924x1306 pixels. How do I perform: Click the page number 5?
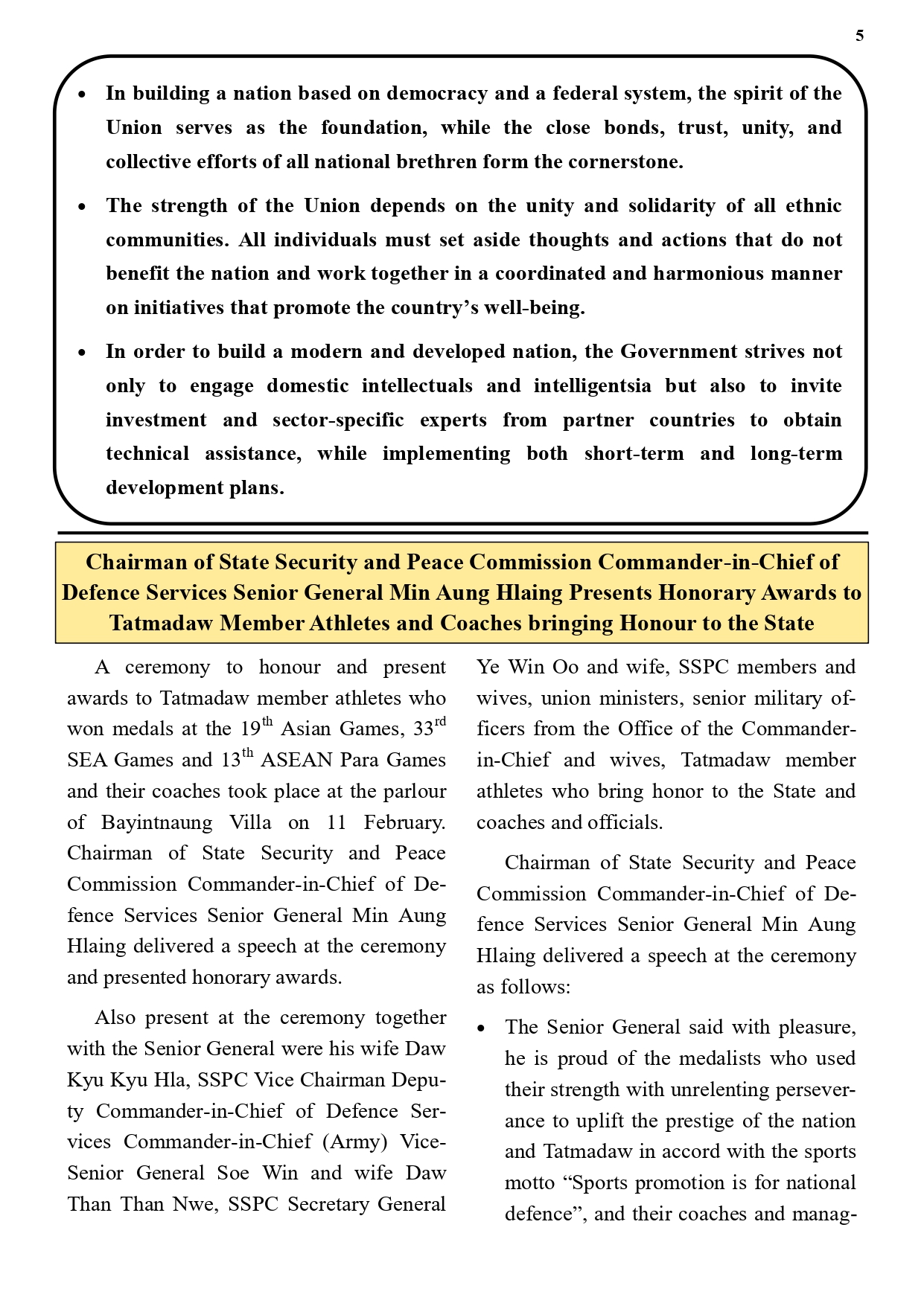(860, 36)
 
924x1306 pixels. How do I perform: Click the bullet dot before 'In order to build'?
(82, 353)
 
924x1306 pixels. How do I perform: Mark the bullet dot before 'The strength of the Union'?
(82, 207)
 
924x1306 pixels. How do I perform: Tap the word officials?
(624, 822)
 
